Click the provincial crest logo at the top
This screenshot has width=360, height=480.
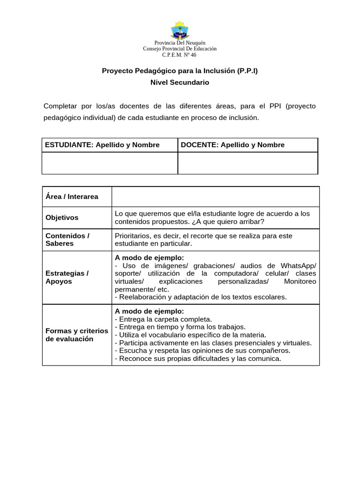click(x=180, y=30)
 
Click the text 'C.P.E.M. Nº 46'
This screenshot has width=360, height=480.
click(x=180, y=55)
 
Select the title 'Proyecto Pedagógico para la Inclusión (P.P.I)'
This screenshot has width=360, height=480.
click(x=180, y=71)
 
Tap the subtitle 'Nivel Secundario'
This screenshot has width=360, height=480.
click(x=180, y=82)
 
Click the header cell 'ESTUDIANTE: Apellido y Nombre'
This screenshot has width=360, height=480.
click(x=102, y=145)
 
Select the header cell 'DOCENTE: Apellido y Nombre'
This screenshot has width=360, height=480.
click(x=232, y=145)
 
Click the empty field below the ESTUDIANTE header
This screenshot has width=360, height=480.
click(x=110, y=163)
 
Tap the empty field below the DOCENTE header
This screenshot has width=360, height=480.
click(x=247, y=163)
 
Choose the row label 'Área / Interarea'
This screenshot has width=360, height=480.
click(x=72, y=196)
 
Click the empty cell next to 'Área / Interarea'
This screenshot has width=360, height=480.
click(x=216, y=196)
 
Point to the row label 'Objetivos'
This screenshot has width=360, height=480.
click(x=62, y=217)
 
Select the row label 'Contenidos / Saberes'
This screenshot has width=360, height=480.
click(x=67, y=240)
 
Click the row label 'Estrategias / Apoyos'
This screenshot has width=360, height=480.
click(x=67, y=277)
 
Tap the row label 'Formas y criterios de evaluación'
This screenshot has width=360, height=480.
click(x=77, y=335)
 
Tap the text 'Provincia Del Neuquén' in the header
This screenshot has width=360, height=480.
click(x=180, y=43)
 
